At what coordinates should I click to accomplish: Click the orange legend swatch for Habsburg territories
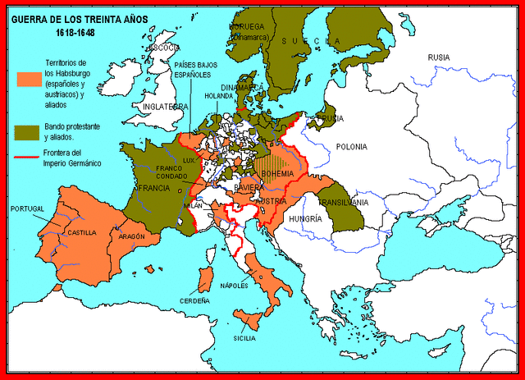pos(28,79)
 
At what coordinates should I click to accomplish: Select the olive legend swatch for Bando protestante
pos(28,130)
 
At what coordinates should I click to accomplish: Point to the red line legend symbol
pos(28,156)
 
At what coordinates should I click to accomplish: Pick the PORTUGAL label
pos(27,209)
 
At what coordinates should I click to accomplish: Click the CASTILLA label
pos(81,232)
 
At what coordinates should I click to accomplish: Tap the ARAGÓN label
pos(131,236)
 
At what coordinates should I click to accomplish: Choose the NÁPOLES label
pos(238,286)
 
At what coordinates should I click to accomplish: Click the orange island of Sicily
pos(250,316)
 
